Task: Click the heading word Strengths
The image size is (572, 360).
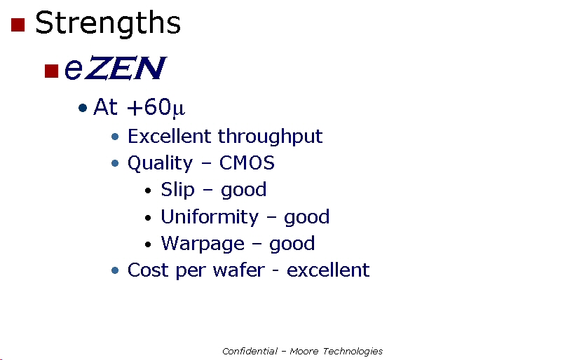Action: [x=108, y=23]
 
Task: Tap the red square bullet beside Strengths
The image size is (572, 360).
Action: [x=18, y=25]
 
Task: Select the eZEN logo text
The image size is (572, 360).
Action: [x=115, y=68]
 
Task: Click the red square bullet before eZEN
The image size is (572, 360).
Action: [x=51, y=71]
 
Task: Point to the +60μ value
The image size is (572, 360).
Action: [x=156, y=107]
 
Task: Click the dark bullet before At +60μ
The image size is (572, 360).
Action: [x=83, y=108]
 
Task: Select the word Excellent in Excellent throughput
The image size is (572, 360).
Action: [x=169, y=137]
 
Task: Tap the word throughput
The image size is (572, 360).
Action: [x=271, y=137]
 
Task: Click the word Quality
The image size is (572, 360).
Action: [x=160, y=163]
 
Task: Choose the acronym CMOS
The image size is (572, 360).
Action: [x=247, y=163]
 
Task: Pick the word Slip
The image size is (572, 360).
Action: [x=178, y=190]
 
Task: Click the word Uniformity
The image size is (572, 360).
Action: [x=210, y=217]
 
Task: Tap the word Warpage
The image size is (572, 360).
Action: [x=203, y=244]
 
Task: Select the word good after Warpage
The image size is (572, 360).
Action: [x=292, y=244]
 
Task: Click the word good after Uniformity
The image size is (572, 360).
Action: [x=307, y=217]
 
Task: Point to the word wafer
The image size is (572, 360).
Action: [x=239, y=270]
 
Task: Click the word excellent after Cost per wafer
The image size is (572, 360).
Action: [x=328, y=270]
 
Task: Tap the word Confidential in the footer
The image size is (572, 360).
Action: [x=250, y=352]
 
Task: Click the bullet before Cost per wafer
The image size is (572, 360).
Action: [x=115, y=270]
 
